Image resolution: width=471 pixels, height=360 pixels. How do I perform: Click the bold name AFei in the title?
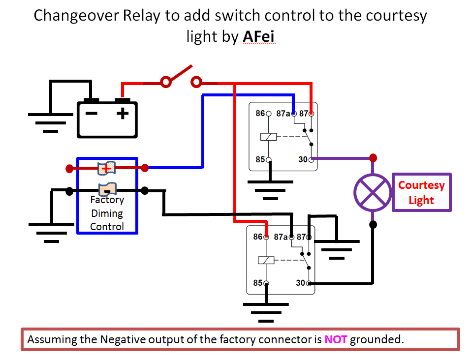tap(260, 37)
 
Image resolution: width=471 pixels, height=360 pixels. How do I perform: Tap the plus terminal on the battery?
tap(123, 114)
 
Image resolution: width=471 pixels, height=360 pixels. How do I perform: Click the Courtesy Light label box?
tap(421, 192)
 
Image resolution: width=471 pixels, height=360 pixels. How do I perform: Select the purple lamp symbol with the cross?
tap(373, 192)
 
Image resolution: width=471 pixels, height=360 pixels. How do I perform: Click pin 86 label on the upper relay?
tap(260, 114)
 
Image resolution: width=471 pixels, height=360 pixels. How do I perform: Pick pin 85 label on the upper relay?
tap(260, 159)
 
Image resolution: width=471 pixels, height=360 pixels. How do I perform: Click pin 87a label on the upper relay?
tap(283, 114)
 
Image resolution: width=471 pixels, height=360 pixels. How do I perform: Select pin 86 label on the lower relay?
tap(258, 237)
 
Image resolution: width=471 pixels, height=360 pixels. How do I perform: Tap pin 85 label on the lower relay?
tap(258, 283)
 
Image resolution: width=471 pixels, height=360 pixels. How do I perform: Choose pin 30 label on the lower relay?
tap(301, 283)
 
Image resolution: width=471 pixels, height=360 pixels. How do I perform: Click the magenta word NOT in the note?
tap(336, 339)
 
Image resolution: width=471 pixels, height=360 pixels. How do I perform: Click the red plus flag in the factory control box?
tap(106, 168)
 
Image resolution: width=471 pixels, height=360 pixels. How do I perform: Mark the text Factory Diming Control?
tap(107, 213)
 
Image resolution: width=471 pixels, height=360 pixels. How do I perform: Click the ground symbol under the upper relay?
tap(270, 190)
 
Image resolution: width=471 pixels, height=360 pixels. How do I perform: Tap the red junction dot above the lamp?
tap(373, 158)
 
